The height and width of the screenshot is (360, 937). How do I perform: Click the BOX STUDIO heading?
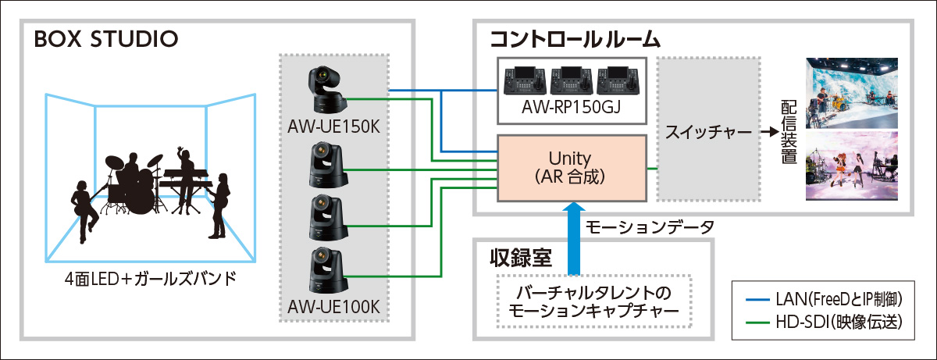[x=106, y=38]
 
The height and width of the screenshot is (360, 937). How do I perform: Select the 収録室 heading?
[x=517, y=257]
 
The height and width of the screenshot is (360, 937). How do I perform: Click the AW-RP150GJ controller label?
[x=572, y=108]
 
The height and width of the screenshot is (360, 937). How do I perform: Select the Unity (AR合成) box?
[x=572, y=168]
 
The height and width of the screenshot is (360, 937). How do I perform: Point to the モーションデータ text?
[x=649, y=227]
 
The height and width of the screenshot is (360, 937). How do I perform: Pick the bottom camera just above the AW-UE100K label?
[x=327, y=270]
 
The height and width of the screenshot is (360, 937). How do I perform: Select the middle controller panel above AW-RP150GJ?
[x=572, y=80]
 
